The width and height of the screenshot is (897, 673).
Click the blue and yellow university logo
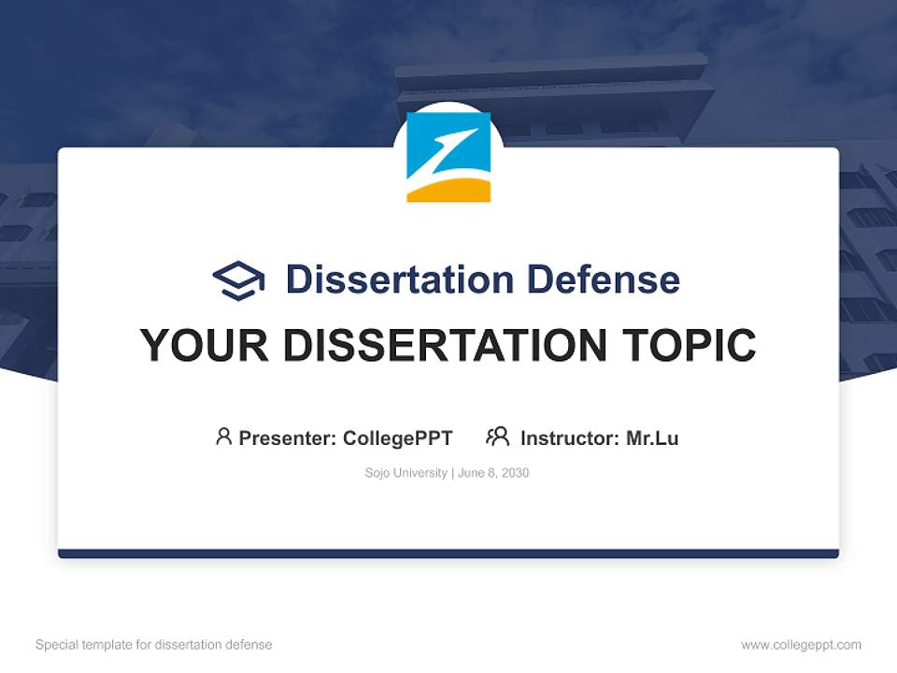click(448, 157)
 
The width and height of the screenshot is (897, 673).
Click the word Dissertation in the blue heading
click(399, 279)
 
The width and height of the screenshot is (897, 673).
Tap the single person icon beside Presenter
click(223, 437)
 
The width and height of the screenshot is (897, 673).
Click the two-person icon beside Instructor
click(497, 437)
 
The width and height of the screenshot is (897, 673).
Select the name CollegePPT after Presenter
click(397, 438)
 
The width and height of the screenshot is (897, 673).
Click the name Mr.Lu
click(652, 438)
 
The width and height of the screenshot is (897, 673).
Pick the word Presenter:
click(288, 438)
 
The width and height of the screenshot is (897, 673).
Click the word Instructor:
click(569, 438)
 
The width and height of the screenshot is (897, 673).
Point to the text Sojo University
click(406, 473)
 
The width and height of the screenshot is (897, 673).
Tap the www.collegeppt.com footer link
click(801, 645)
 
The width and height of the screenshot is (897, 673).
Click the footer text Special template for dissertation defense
click(153, 645)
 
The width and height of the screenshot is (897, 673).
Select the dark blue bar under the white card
click(448, 553)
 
